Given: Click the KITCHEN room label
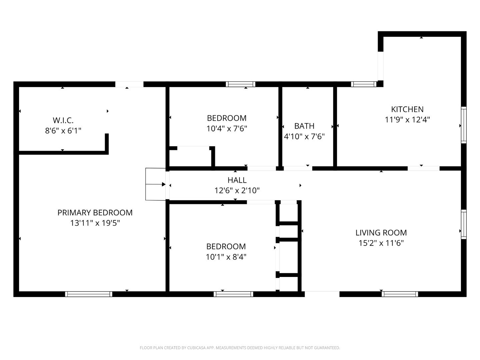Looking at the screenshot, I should (x=407, y=109).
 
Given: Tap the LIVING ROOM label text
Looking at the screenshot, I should (x=381, y=233).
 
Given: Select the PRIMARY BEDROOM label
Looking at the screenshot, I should (x=95, y=213).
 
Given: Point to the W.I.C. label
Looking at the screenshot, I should (x=63, y=120).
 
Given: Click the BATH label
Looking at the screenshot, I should (x=304, y=126).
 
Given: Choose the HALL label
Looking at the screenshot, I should (x=237, y=180).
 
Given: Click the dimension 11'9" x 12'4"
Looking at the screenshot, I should (x=407, y=120).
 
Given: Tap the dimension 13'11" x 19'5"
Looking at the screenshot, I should (x=95, y=223).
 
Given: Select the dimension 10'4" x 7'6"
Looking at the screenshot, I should (x=227, y=129).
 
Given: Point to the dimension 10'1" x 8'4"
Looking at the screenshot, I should (x=226, y=257).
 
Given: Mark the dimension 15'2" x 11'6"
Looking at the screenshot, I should (x=381, y=243).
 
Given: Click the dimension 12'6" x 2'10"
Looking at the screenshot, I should (x=237, y=191).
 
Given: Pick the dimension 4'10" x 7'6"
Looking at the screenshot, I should (x=304, y=136).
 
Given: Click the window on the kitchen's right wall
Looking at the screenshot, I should (x=463, y=125).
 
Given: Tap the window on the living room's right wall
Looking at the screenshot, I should (x=463, y=224).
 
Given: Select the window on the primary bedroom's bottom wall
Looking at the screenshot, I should (x=89, y=294).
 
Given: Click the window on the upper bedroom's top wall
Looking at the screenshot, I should (x=240, y=84).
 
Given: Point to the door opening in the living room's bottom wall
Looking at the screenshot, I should (x=322, y=294).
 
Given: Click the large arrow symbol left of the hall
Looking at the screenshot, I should (x=163, y=184).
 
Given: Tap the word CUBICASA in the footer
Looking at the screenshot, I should (x=196, y=348).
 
